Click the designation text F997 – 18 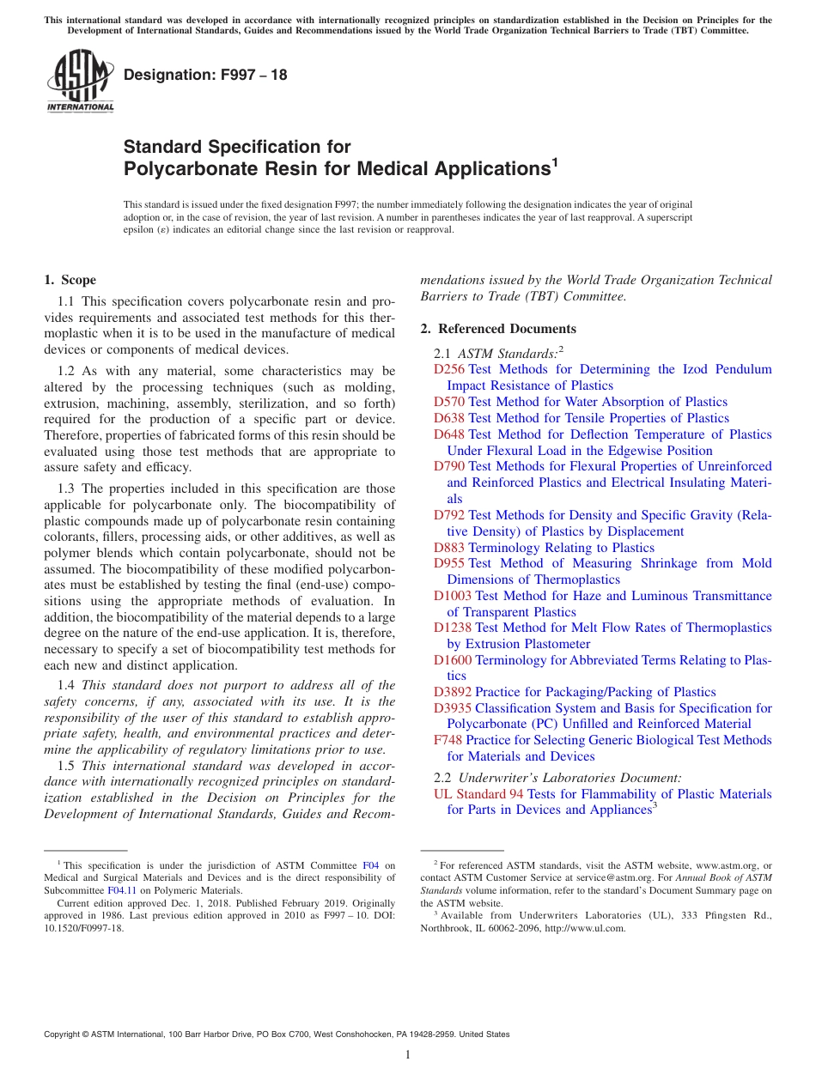click(206, 75)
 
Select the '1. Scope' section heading click(70, 280)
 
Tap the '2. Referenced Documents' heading click(498, 329)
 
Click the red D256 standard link click(449, 369)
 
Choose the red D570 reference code click(449, 402)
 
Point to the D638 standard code click(449, 418)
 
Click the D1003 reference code click(453, 596)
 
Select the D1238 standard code click(453, 628)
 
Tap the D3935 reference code click(453, 708)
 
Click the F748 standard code click(448, 740)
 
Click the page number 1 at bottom click(408, 1054)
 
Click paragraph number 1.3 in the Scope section click(66, 488)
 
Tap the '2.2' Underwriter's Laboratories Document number click(442, 778)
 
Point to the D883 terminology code click(449, 548)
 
